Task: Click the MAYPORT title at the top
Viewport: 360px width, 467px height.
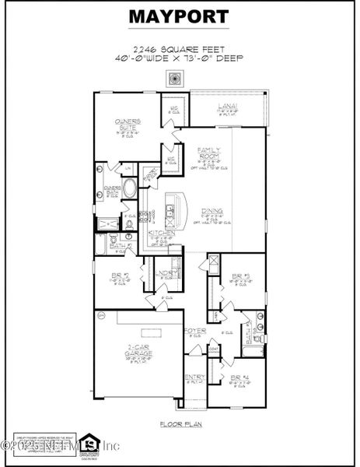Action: pos(179,16)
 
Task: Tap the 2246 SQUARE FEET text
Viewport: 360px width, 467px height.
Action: pos(179,47)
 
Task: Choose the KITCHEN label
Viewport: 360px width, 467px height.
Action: pos(161,233)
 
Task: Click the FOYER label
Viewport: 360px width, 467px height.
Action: pos(194,331)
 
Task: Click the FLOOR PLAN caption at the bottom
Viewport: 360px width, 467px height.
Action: pos(179,424)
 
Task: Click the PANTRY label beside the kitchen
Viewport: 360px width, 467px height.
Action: pos(151,173)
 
